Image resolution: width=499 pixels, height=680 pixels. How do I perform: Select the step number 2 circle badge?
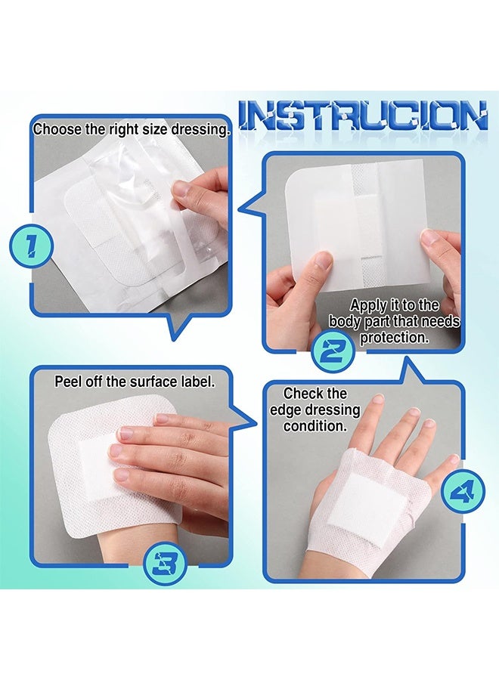(333, 348)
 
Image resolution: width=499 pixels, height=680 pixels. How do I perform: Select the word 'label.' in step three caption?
(199, 382)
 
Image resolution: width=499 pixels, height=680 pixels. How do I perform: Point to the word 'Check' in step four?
(305, 394)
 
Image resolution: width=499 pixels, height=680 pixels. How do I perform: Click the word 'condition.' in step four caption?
(315, 426)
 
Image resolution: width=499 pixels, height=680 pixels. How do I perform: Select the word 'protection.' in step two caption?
(394, 338)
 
